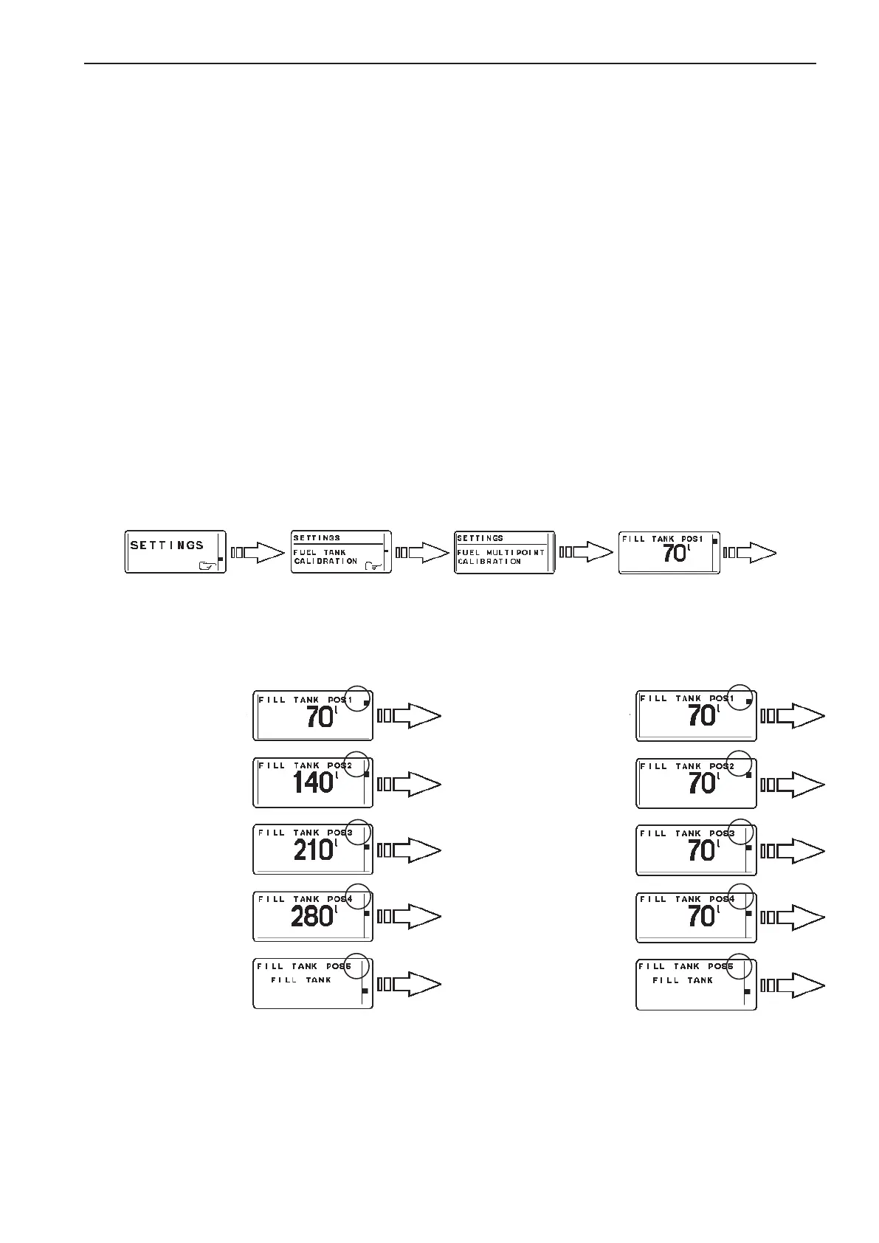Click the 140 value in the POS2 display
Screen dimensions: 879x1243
tap(313, 782)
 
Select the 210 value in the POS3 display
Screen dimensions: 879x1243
tap(314, 850)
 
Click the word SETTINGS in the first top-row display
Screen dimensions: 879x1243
tap(167, 545)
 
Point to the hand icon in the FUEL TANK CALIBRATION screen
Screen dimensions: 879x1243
tap(374, 565)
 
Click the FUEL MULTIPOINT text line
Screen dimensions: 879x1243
tap(500, 552)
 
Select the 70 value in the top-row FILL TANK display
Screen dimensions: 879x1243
tap(674, 553)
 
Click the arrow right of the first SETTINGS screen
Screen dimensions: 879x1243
tap(258, 552)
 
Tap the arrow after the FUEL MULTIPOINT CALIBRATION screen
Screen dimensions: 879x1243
tap(587, 552)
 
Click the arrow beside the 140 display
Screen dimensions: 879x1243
tap(409, 784)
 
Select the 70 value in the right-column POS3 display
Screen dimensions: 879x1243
tap(702, 850)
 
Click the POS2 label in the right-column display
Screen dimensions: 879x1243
tap(721, 766)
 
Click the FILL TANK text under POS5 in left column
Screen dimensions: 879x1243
tap(301, 980)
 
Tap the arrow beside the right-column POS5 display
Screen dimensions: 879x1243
tap(792, 985)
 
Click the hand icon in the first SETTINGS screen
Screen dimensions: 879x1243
tap(209, 565)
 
